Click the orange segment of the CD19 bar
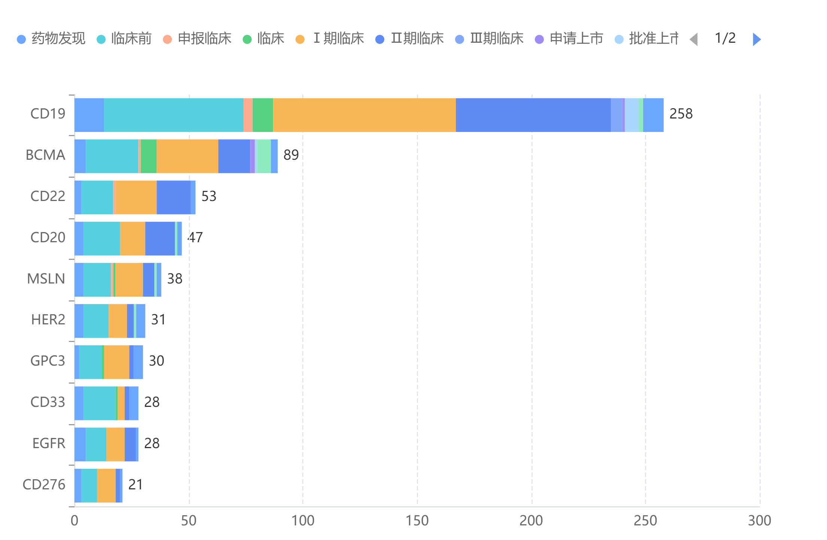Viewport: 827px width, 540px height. click(364, 115)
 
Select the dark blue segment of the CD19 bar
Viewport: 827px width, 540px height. click(533, 115)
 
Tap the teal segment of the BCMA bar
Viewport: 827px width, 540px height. click(112, 156)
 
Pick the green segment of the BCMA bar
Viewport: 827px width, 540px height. click(149, 156)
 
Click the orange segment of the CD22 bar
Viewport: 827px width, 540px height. click(136, 198)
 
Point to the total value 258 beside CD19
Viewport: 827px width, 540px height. click(681, 114)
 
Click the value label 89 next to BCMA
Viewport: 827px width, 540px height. click(291, 155)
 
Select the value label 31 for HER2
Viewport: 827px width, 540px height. click(158, 320)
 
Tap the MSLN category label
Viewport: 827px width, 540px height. click(46, 279)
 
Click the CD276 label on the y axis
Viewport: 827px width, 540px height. click(44, 485)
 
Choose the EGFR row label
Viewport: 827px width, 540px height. click(49, 444)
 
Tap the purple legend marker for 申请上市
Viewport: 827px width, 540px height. click(539, 39)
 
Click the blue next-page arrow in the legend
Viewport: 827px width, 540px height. click(757, 39)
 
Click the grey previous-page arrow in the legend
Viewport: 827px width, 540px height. click(694, 39)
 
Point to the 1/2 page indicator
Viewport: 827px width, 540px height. click(725, 38)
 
